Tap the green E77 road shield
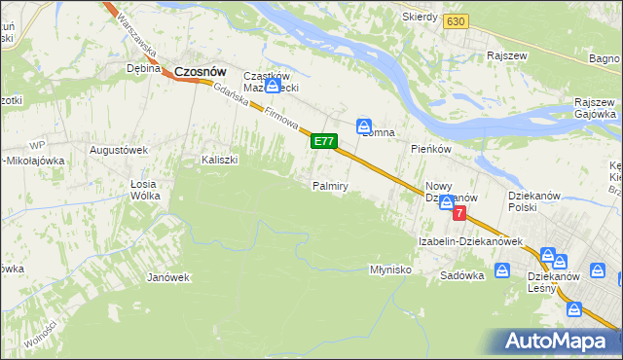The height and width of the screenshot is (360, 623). click(x=324, y=142)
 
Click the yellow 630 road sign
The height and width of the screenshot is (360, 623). click(x=455, y=20)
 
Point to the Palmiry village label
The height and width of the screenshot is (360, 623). click(x=330, y=186)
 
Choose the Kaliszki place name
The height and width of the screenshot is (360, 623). click(x=219, y=161)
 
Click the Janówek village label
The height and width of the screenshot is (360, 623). click(x=167, y=277)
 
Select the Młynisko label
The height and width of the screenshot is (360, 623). click(x=392, y=270)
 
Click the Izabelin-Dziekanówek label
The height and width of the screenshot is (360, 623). click(x=470, y=241)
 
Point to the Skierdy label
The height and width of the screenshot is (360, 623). click(x=420, y=18)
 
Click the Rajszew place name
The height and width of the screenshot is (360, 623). click(x=508, y=56)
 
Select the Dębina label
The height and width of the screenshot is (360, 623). click(x=143, y=69)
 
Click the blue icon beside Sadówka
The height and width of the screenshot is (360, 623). click(x=502, y=270)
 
